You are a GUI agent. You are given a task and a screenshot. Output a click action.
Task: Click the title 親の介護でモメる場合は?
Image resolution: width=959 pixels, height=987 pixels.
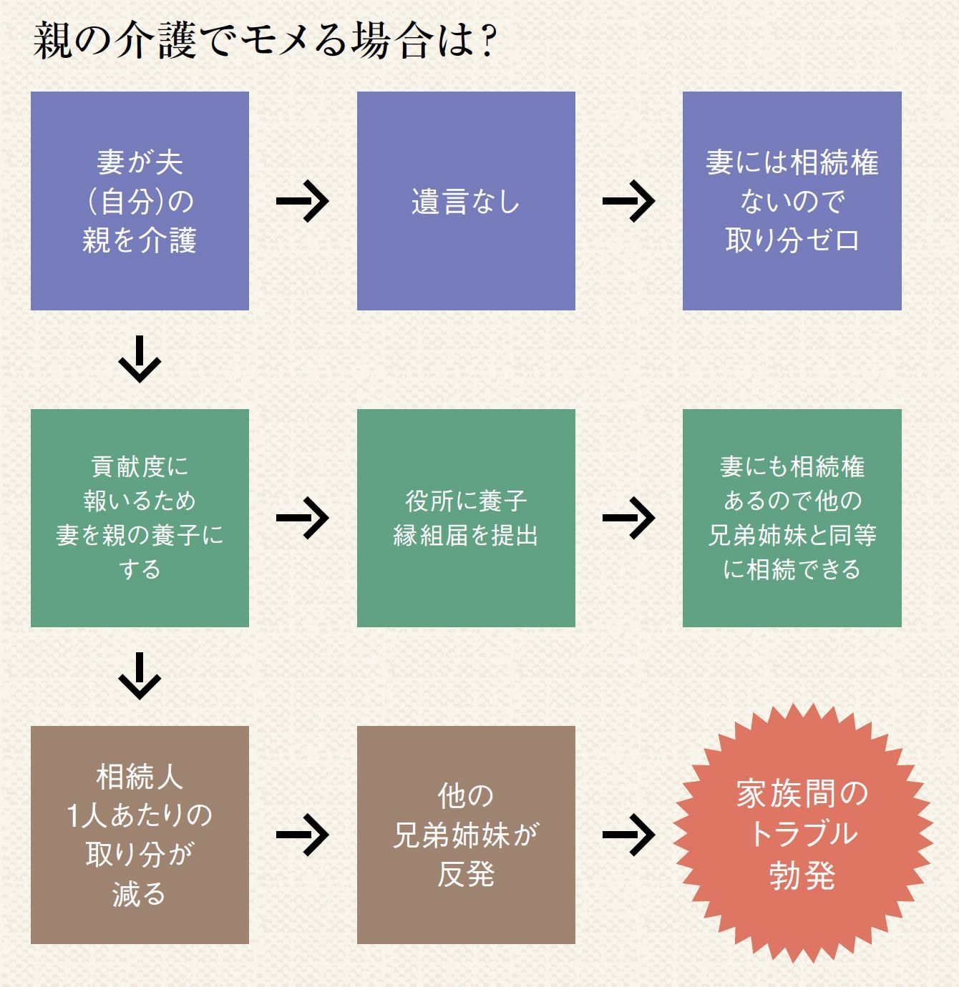point(265,41)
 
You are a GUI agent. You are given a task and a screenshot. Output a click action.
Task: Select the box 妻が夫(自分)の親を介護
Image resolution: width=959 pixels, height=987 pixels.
point(140,201)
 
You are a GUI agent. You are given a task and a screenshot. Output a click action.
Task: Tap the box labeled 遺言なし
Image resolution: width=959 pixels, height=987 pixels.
point(466,201)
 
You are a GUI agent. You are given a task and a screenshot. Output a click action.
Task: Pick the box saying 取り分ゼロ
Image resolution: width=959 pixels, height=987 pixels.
point(792,201)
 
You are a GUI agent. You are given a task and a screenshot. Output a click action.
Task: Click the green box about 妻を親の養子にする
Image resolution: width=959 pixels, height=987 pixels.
point(140,518)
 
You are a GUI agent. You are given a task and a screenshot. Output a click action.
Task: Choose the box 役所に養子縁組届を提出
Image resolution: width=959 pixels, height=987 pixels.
point(466,518)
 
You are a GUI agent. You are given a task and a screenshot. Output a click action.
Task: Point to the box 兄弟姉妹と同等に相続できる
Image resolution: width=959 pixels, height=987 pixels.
point(792,518)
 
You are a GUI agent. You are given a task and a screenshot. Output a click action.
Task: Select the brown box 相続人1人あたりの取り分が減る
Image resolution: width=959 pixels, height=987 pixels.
point(140,835)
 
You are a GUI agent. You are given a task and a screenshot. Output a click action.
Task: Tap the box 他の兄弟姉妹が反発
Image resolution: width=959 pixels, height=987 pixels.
point(466,835)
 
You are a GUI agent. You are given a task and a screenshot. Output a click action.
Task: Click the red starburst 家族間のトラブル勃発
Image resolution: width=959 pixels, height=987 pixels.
point(802,835)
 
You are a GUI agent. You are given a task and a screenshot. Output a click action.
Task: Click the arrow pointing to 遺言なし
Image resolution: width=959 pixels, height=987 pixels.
point(303,201)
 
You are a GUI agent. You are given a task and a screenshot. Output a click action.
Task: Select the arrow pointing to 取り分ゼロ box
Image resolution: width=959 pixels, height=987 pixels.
point(629,201)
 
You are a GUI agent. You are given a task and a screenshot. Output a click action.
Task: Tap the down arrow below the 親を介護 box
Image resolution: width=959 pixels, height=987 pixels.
point(140,359)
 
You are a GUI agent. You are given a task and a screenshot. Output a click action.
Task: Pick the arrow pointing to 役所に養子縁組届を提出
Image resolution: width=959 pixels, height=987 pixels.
point(303,518)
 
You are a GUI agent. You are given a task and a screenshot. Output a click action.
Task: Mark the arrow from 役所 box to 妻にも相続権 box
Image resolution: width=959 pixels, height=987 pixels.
point(629,518)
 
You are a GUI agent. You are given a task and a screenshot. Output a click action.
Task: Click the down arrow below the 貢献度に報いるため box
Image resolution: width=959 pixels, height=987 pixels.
point(140,676)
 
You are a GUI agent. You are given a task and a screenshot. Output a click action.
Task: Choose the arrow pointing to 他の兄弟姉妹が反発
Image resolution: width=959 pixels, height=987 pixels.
point(303,835)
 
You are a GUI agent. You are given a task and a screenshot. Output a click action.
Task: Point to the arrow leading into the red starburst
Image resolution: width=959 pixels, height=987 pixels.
point(629,835)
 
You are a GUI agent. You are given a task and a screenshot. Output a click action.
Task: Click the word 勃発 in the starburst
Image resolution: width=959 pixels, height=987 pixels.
point(802,875)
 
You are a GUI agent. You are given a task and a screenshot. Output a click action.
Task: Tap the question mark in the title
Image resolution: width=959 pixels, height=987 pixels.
point(489,42)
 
